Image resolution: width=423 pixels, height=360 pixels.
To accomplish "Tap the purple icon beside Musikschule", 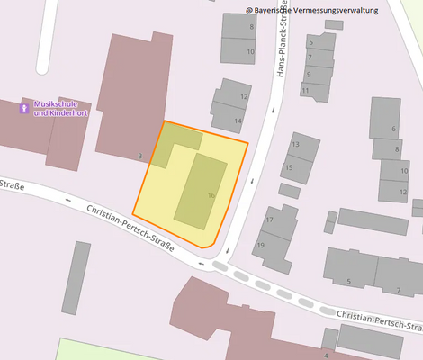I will [24, 109].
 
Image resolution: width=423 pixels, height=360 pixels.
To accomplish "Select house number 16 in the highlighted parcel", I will [211, 195].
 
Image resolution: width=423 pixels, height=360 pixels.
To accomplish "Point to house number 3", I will [139, 156].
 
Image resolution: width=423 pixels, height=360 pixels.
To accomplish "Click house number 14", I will [238, 121].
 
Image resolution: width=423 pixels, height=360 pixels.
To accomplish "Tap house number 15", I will [289, 167].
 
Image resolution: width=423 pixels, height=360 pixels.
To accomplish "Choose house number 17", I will [269, 220].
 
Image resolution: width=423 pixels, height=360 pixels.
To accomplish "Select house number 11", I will [305, 91].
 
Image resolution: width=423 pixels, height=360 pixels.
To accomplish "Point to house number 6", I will [392, 129].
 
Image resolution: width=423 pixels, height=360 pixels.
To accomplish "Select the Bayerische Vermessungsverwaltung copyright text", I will [312, 11].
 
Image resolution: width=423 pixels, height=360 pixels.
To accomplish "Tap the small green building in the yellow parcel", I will [175, 142].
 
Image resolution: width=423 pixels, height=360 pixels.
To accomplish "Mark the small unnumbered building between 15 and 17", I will [289, 191].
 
